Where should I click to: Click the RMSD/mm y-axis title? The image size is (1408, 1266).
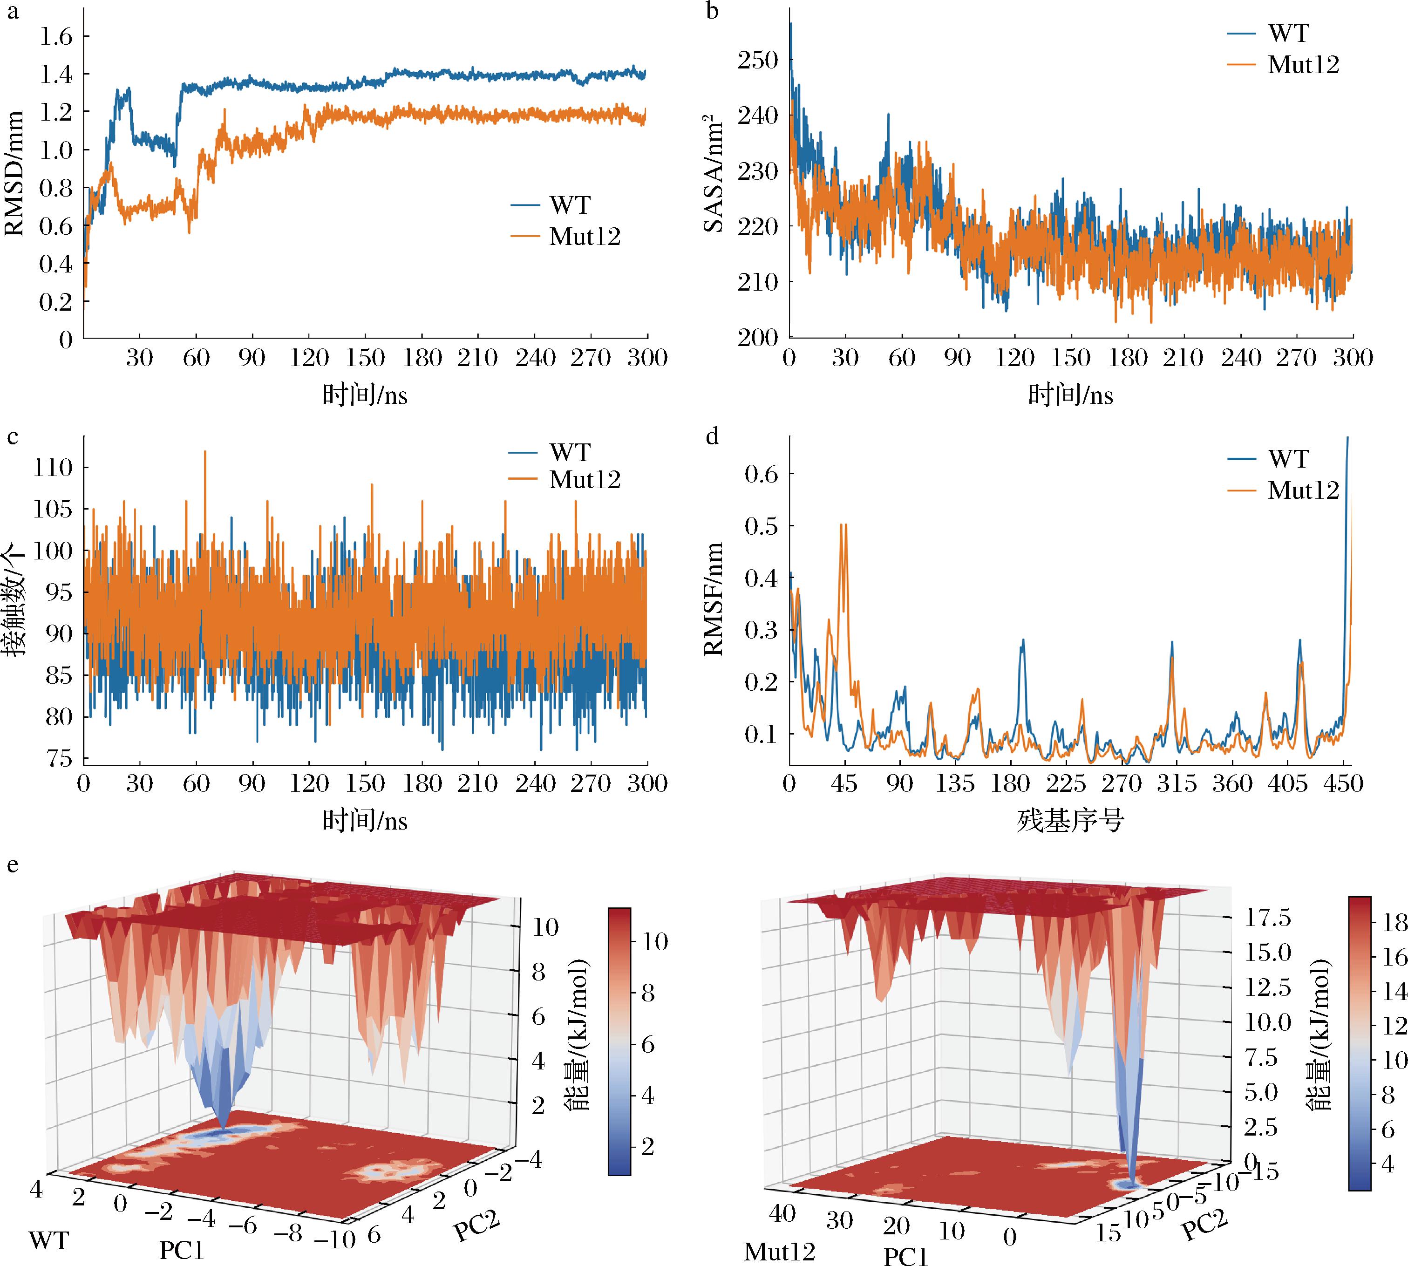(15, 174)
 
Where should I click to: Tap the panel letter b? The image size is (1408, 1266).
(712, 12)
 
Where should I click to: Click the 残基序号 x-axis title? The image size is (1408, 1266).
(1070, 822)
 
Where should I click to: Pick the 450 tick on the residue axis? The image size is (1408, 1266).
(1343, 784)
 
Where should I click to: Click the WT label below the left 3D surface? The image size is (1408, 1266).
(49, 1239)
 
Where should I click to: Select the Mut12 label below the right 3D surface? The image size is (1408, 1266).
(779, 1252)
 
